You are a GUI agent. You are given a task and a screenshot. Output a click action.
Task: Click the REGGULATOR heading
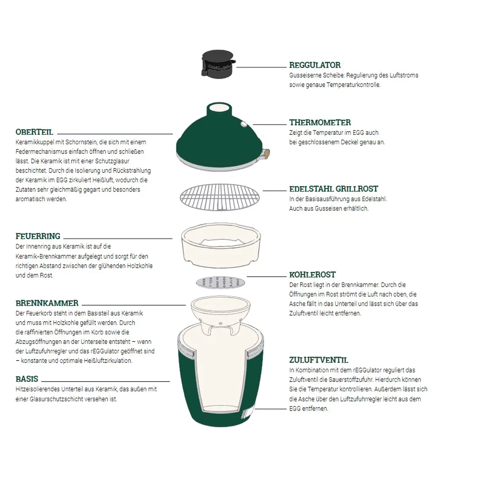tap(314, 65)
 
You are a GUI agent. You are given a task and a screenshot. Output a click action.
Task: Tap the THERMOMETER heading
tap(320, 122)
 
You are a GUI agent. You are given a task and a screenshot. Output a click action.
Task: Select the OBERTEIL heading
tap(34, 132)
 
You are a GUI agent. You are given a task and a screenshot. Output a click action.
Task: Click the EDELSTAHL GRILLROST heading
tap(334, 189)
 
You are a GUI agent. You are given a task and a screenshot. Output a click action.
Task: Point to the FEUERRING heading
tap(38, 236)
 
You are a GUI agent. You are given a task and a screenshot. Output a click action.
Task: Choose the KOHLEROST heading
tap(312, 275)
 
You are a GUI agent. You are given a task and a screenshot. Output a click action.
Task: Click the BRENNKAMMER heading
tap(47, 303)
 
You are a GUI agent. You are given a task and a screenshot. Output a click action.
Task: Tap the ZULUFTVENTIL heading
tap(318, 360)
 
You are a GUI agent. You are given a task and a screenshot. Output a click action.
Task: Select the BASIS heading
tap(27, 379)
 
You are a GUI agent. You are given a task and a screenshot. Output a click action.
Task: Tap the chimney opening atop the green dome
tap(219, 108)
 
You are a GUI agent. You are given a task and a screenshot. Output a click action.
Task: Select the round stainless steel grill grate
tap(219, 197)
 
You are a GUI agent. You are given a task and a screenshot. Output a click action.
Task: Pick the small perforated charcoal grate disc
tap(220, 283)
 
